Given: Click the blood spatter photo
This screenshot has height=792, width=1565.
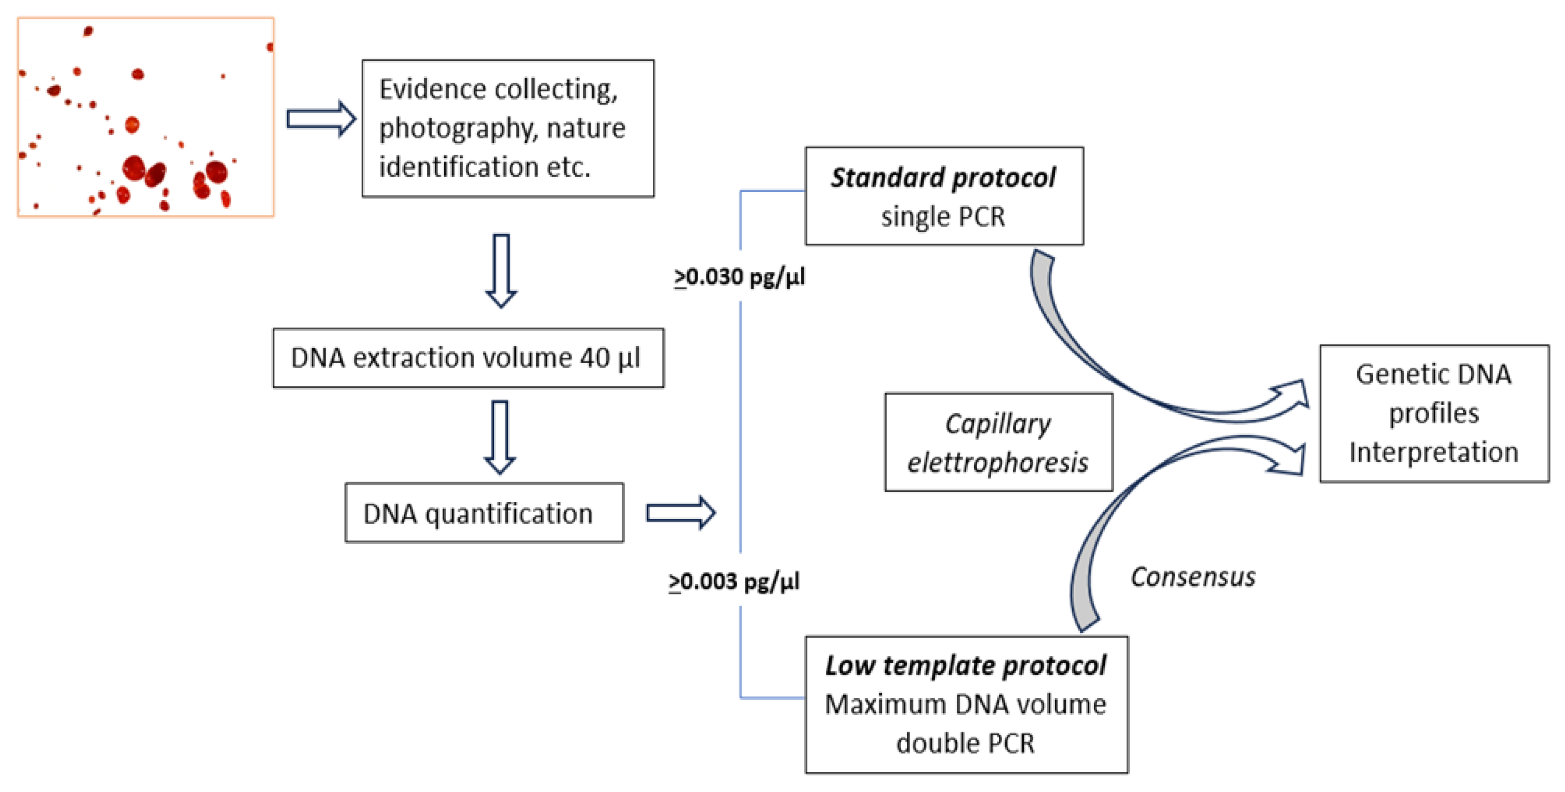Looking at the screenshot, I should click(146, 117).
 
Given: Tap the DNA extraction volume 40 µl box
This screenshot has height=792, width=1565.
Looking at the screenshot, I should click(468, 358).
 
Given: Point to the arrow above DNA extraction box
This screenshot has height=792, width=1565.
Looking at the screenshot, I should click(501, 271).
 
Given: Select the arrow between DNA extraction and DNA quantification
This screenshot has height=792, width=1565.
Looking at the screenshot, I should click(500, 437).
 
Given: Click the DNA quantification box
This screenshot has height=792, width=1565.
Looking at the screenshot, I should click(484, 513).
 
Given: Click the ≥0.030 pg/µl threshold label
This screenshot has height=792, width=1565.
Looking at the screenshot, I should click(739, 277).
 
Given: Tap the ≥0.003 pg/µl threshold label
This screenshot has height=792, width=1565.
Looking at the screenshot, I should click(734, 582).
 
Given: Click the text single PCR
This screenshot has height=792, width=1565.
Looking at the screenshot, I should click(943, 217).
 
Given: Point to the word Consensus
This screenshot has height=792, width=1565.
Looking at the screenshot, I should click(1192, 577).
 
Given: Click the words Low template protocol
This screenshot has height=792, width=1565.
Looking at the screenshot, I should click(965, 666).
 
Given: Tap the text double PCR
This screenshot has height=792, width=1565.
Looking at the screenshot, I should click(965, 743).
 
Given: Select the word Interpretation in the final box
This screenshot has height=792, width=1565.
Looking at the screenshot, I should click(1433, 452).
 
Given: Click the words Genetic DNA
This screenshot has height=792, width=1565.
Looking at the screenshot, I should click(1433, 374).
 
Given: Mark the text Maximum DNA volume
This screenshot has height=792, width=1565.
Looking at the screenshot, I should click(965, 704).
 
